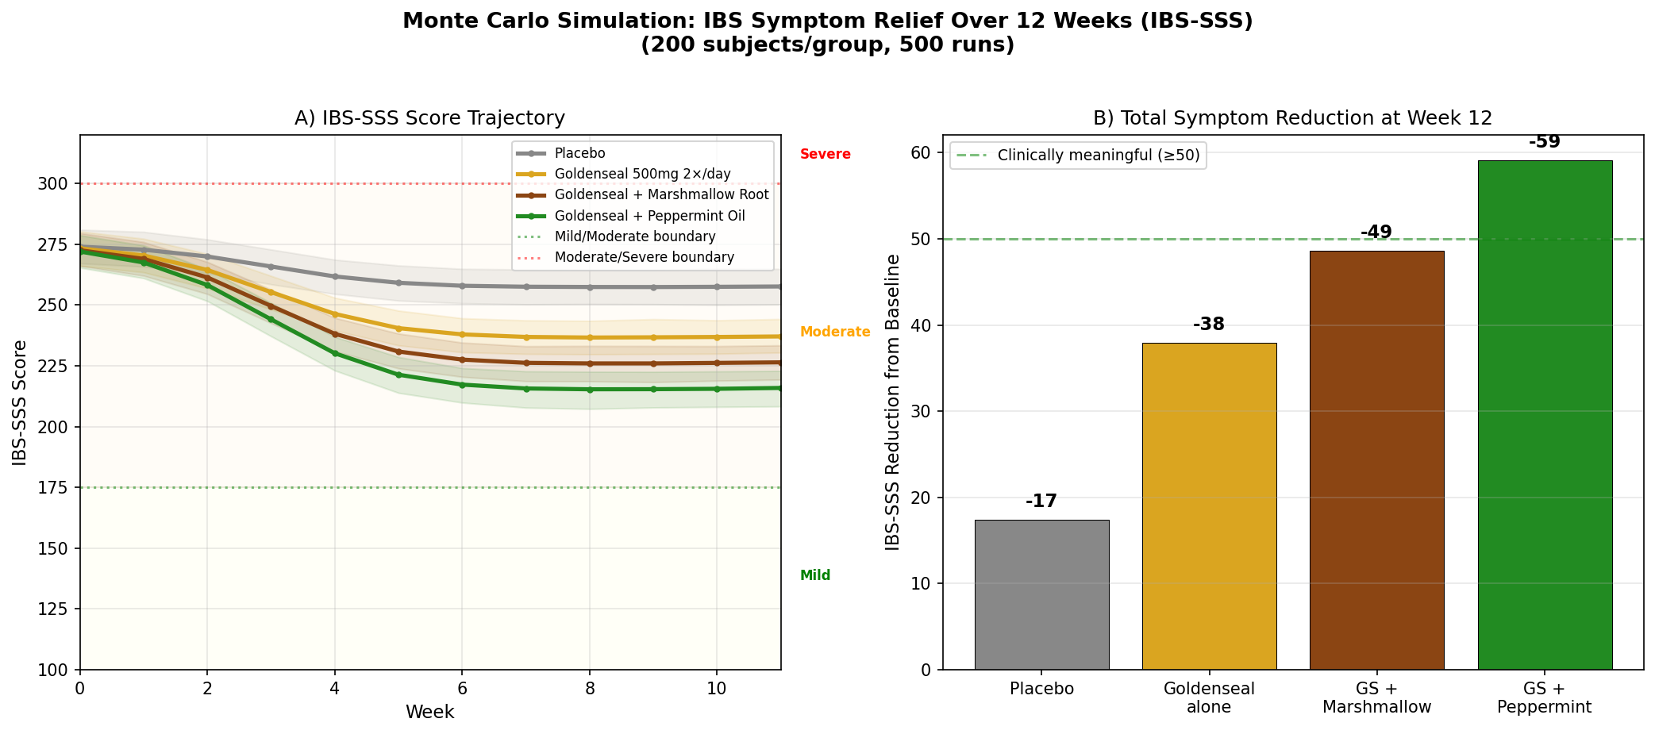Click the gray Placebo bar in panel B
(x=1041, y=595)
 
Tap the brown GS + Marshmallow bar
(x=1376, y=460)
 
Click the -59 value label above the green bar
(x=1545, y=142)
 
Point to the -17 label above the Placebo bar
(x=1041, y=502)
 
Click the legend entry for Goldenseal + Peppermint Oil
(x=649, y=216)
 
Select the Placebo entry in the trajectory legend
(x=579, y=153)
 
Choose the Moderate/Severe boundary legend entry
(x=644, y=257)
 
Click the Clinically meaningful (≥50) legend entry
(x=1099, y=156)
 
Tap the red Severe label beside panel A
(x=825, y=155)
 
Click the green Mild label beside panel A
(x=815, y=576)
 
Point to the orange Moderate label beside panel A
(x=834, y=332)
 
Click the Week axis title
(x=429, y=712)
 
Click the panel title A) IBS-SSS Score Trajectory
(x=429, y=118)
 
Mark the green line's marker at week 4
(x=335, y=353)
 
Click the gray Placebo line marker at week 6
(x=462, y=286)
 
